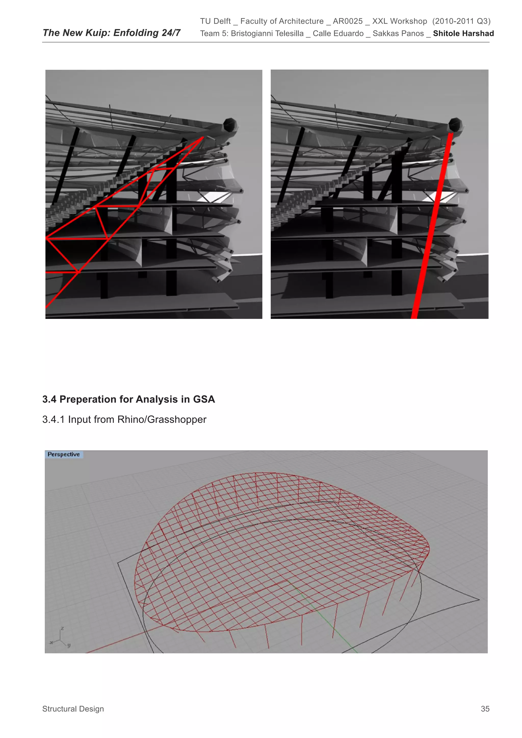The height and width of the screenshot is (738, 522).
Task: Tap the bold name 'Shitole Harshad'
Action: click(x=463, y=33)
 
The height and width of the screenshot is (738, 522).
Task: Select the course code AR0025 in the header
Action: click(x=347, y=21)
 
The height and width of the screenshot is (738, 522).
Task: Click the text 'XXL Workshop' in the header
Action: click(x=400, y=21)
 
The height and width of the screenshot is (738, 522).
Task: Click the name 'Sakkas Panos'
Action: click(x=398, y=33)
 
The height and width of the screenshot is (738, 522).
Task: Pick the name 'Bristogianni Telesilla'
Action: click(x=267, y=33)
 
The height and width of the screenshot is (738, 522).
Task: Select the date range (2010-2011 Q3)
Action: click(x=461, y=21)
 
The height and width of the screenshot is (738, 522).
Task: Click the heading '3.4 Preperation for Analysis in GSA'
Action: click(x=128, y=399)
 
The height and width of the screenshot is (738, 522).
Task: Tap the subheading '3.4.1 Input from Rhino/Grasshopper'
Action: click(x=124, y=419)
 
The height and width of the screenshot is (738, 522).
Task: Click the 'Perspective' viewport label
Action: click(x=64, y=454)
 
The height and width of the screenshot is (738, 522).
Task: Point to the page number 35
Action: click(x=485, y=709)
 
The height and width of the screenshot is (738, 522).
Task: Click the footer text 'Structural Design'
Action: click(x=73, y=709)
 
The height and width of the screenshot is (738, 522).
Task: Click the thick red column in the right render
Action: click(x=433, y=225)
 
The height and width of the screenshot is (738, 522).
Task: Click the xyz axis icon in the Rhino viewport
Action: click(x=60, y=638)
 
